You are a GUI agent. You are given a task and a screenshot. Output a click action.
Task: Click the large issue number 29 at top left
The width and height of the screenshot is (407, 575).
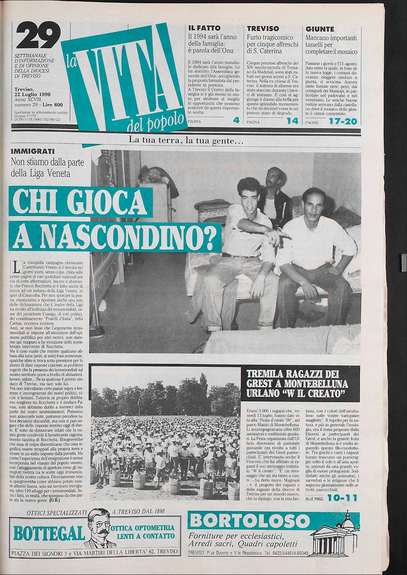pos(38,35)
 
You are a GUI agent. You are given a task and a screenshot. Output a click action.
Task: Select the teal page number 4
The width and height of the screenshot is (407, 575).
pos(236,121)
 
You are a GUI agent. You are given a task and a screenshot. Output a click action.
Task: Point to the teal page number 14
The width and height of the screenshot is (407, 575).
pos(292,121)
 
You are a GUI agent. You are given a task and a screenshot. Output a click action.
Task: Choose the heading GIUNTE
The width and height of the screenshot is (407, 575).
pos(320,29)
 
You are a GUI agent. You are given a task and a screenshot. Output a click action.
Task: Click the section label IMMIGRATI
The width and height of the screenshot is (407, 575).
pos(32,152)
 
